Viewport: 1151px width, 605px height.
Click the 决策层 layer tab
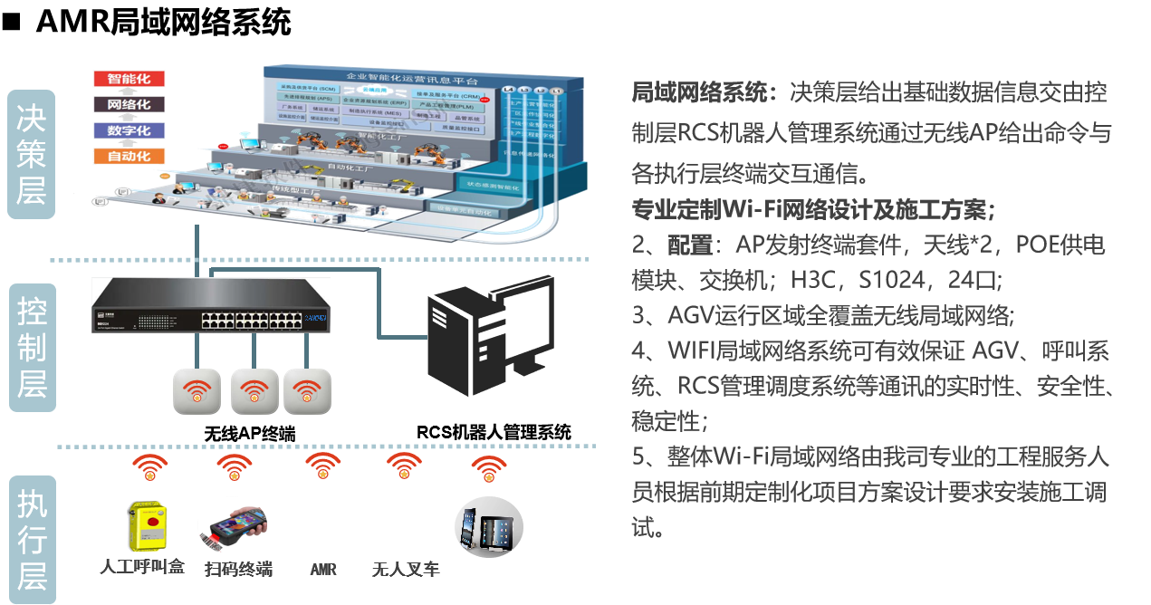32,155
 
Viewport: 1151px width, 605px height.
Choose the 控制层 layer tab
32,348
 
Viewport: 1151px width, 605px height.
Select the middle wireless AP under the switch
254,390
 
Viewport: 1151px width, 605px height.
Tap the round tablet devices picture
488,525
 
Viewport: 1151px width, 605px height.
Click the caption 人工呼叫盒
142,568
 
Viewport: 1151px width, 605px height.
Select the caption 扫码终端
238,570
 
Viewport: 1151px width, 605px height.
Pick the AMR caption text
323,570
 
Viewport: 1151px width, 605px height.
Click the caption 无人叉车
405,570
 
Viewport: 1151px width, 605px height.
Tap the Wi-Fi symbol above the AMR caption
323,468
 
